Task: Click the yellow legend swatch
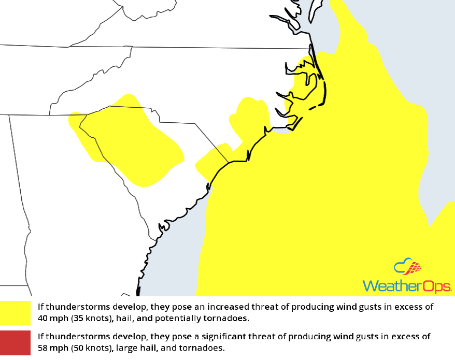point(16,312)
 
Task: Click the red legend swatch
point(16,342)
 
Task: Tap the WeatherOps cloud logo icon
point(408,268)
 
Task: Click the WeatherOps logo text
point(407,286)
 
